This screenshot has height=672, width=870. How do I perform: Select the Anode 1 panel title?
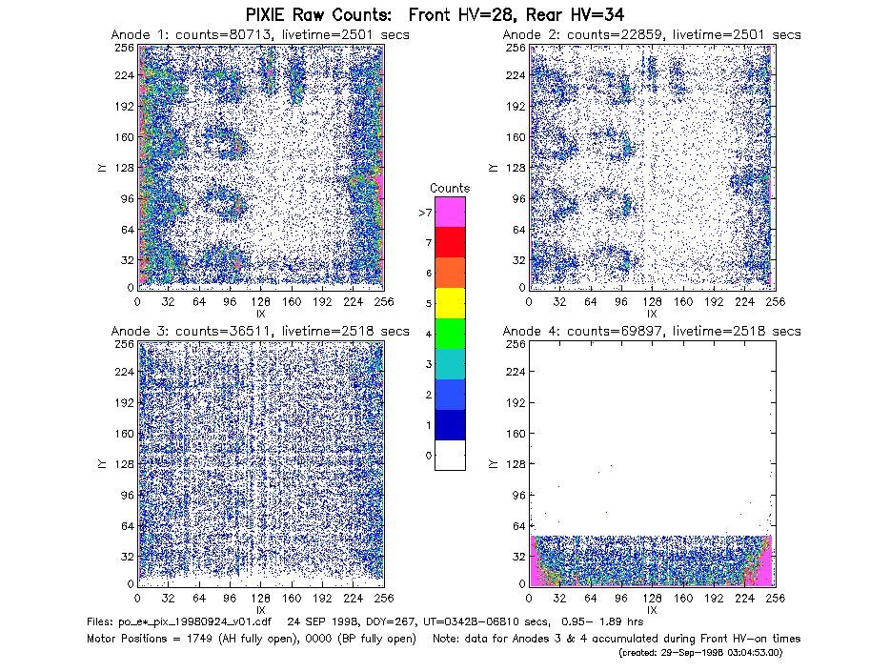[x=260, y=35]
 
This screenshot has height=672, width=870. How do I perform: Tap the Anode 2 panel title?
[x=652, y=35]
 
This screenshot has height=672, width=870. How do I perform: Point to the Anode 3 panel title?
[x=260, y=332]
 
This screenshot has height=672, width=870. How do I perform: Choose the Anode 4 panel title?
[x=652, y=332]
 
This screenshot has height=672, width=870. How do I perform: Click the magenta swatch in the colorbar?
[x=450, y=212]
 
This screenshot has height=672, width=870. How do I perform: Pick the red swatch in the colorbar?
[x=450, y=242]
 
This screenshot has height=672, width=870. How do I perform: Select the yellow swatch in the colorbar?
[x=450, y=303]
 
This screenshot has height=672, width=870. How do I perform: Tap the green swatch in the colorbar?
[x=450, y=334]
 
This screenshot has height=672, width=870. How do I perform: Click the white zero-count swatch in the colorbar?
[x=450, y=456]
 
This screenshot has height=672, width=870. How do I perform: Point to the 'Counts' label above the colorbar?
[x=450, y=188]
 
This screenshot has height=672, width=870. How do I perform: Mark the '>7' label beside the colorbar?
[x=426, y=213]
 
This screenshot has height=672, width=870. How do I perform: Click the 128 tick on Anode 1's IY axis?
[x=124, y=168]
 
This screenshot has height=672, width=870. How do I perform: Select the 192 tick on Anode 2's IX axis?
[x=714, y=302]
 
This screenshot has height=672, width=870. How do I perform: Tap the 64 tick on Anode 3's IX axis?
[x=199, y=599]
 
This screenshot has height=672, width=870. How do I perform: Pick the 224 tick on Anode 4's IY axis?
[x=516, y=372]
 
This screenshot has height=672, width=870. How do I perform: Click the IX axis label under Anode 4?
[x=652, y=610]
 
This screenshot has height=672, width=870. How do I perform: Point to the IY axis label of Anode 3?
[x=102, y=464]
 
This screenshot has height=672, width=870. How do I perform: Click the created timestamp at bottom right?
[x=700, y=653]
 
